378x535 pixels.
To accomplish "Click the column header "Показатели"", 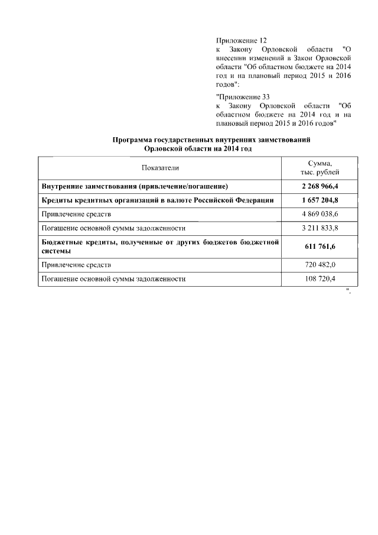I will (x=159, y=168).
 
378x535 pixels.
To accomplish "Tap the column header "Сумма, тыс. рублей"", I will (x=320, y=168).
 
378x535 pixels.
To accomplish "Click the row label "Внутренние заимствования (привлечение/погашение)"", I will (x=135, y=186).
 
